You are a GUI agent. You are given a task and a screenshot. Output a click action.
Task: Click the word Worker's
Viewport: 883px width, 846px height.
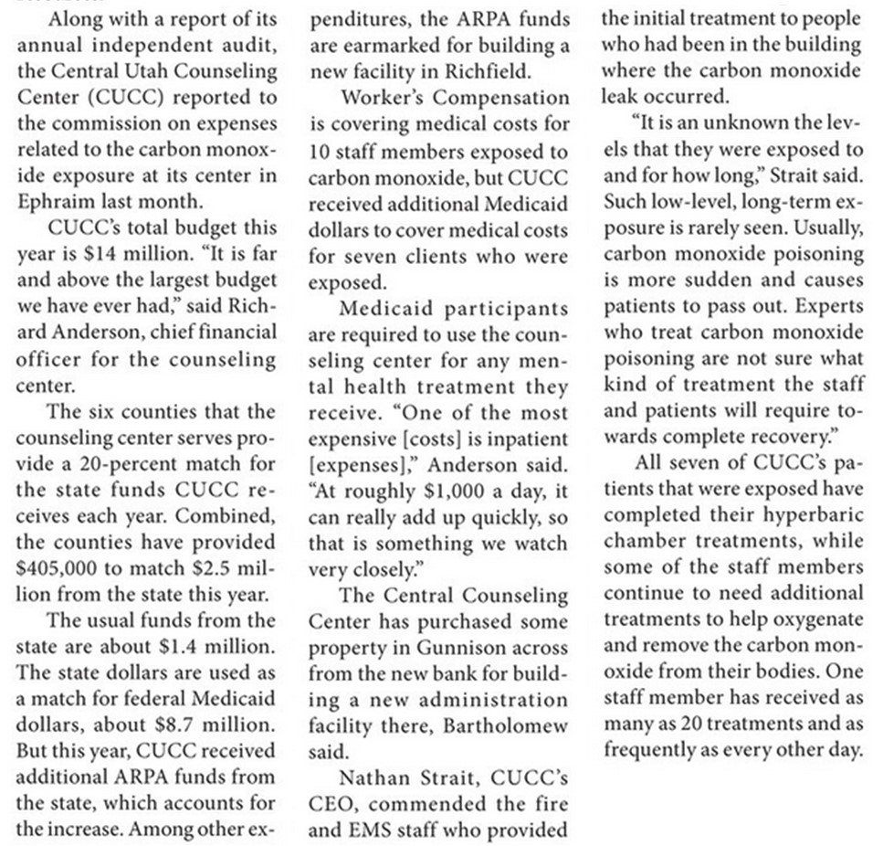394,97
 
